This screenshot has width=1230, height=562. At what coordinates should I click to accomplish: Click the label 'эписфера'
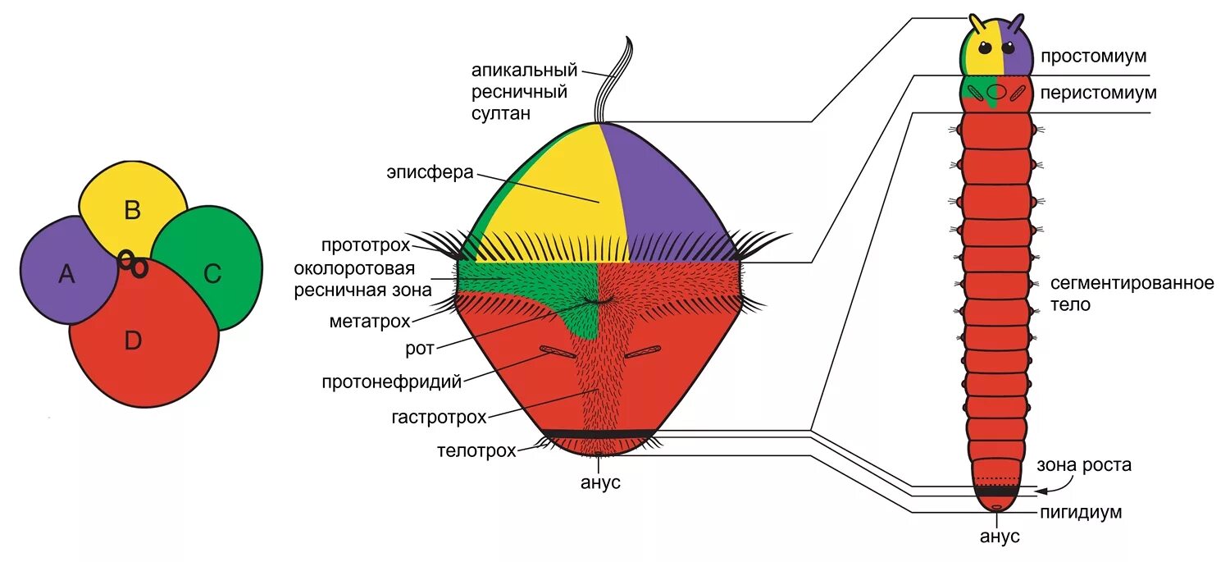(430, 172)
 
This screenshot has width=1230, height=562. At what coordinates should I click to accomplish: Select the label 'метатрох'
(364, 320)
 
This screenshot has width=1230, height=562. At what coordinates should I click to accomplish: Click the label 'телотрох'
(476, 450)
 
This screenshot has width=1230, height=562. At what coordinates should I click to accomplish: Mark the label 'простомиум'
(1093, 57)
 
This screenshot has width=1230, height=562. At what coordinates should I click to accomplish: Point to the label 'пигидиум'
(1081, 513)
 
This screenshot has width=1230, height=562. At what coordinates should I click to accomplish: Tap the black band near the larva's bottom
(599, 433)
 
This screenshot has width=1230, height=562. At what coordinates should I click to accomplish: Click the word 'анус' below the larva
(600, 483)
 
